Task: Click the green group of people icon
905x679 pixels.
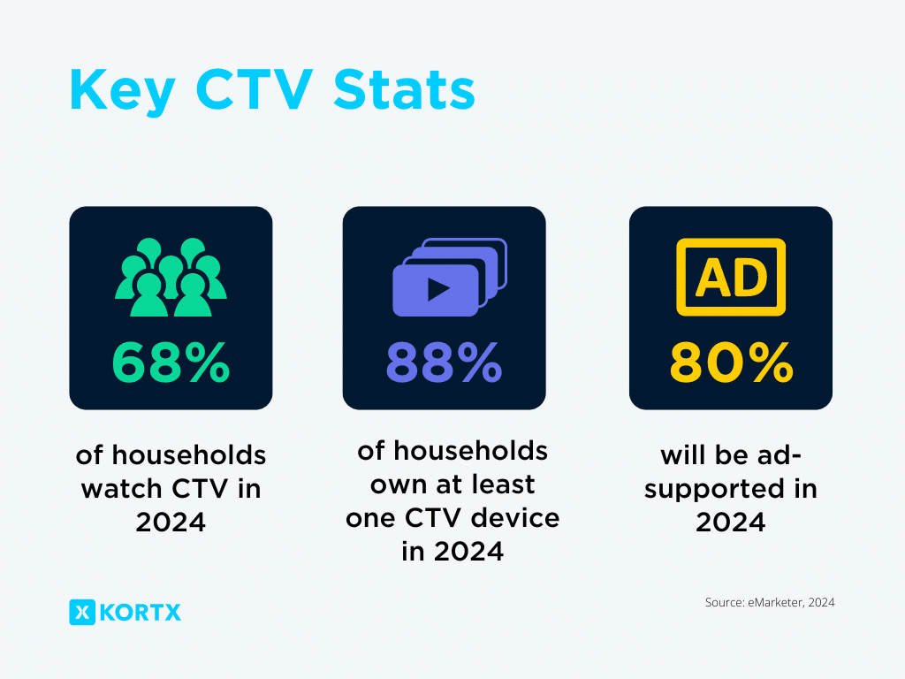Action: coord(171,277)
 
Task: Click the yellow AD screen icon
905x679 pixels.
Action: coord(731,277)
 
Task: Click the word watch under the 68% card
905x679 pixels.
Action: coord(121,489)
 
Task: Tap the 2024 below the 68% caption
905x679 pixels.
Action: coord(171,522)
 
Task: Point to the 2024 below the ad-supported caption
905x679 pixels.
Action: coord(730,522)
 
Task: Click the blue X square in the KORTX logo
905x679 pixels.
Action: coord(82,612)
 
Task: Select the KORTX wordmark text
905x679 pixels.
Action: coord(141,612)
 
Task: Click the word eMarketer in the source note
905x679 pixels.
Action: coord(775,603)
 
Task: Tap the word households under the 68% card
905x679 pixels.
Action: coord(185,455)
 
